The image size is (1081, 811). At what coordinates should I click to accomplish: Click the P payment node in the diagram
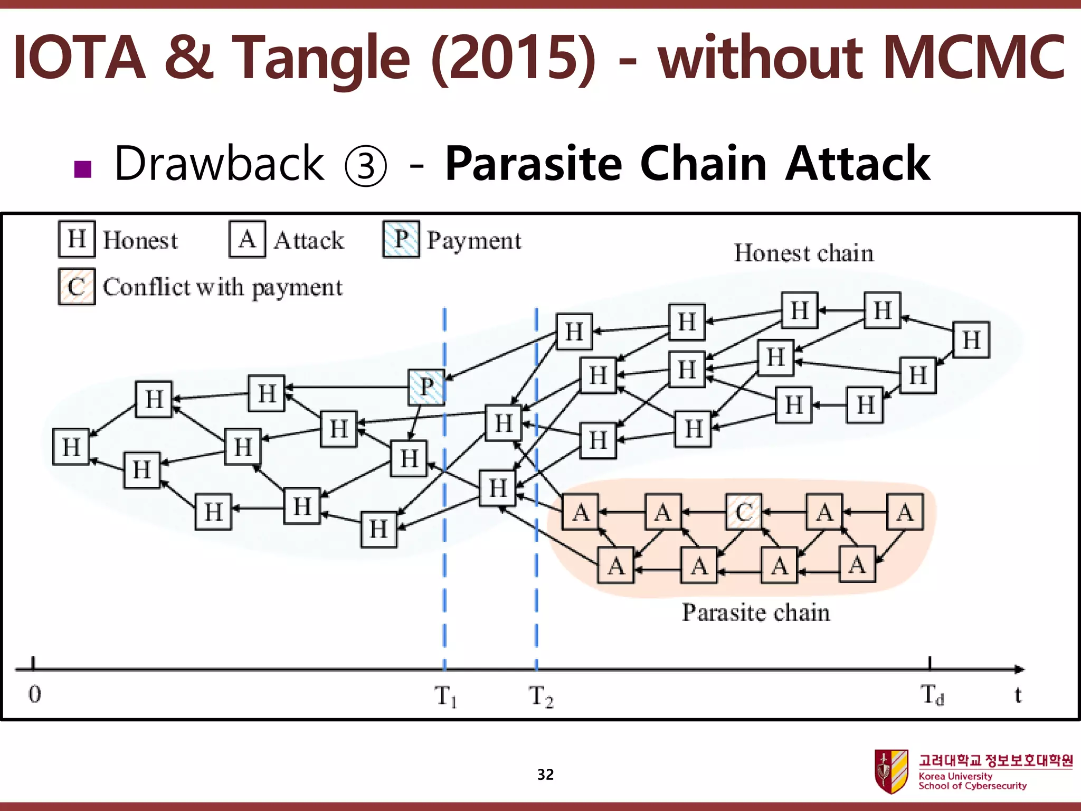pos(426,387)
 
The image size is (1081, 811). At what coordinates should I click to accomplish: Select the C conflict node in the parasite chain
pos(744,512)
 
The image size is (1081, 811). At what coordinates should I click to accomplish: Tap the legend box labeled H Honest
pos(77,239)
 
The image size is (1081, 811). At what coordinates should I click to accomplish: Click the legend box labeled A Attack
pos(247,239)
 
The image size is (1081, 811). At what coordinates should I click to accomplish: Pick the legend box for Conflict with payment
pos(77,287)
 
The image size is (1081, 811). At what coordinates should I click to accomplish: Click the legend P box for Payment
pos(401,239)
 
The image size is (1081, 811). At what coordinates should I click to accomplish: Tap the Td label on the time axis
pos(932,694)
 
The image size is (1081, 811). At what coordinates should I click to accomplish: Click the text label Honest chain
pos(803,253)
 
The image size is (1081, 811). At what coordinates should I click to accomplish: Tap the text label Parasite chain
pos(756,612)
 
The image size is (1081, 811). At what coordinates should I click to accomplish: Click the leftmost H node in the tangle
pos(71,447)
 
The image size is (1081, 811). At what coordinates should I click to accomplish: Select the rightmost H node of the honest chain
pos(971,340)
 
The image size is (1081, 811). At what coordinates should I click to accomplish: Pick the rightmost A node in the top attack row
pos(905,512)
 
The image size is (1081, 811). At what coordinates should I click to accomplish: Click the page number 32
pos(545,775)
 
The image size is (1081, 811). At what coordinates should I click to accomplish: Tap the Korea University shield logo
pos(891,771)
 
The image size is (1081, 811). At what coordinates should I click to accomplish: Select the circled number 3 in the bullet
pos(365,165)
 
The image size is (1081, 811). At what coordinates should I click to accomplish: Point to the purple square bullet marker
pos(83,169)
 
